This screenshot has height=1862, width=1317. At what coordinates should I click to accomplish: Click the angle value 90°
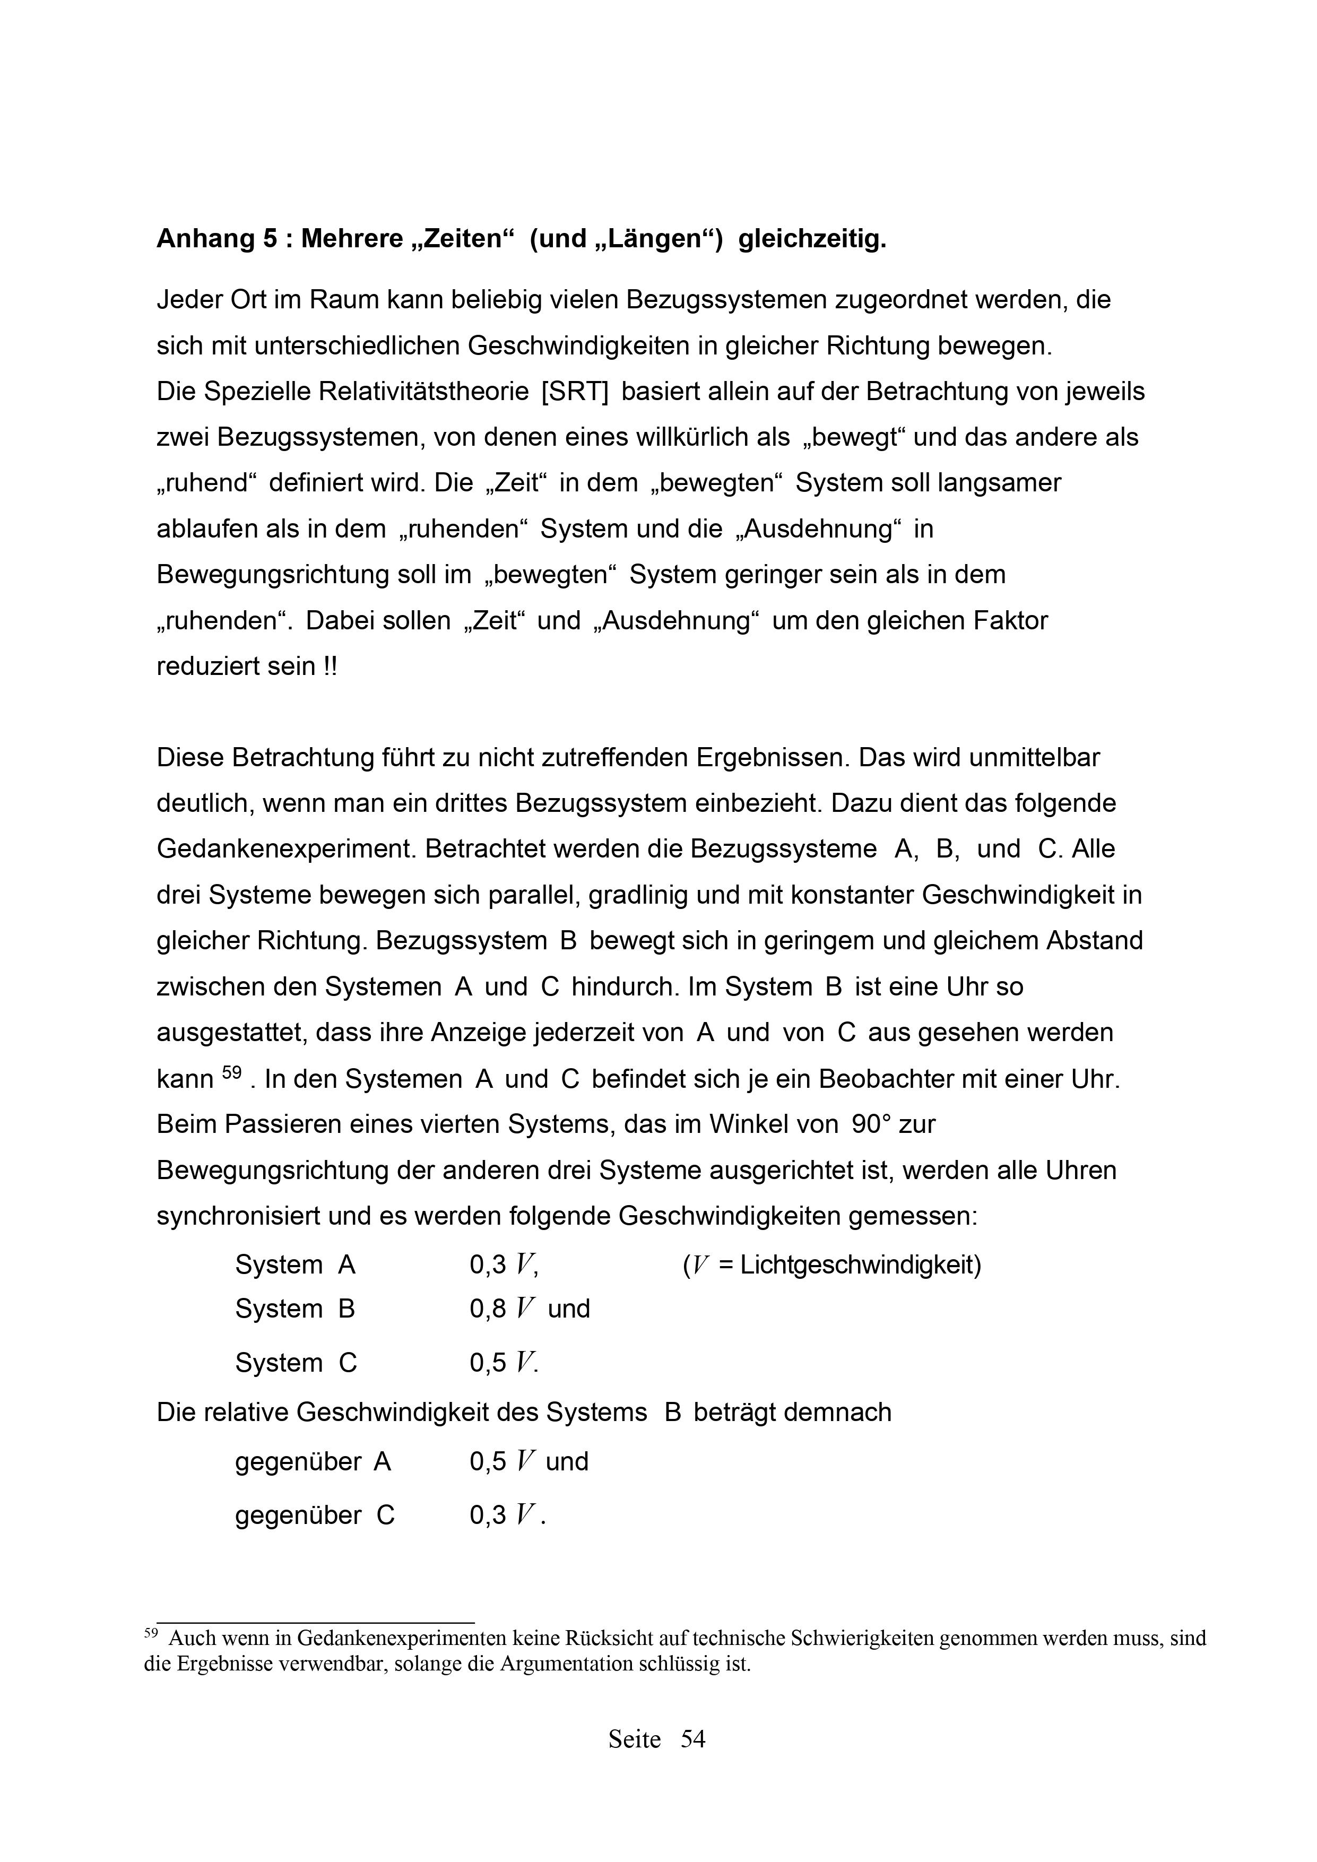pyautogui.click(x=871, y=1125)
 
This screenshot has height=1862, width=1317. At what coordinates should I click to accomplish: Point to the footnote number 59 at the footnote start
pyautogui.click(x=151, y=1634)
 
